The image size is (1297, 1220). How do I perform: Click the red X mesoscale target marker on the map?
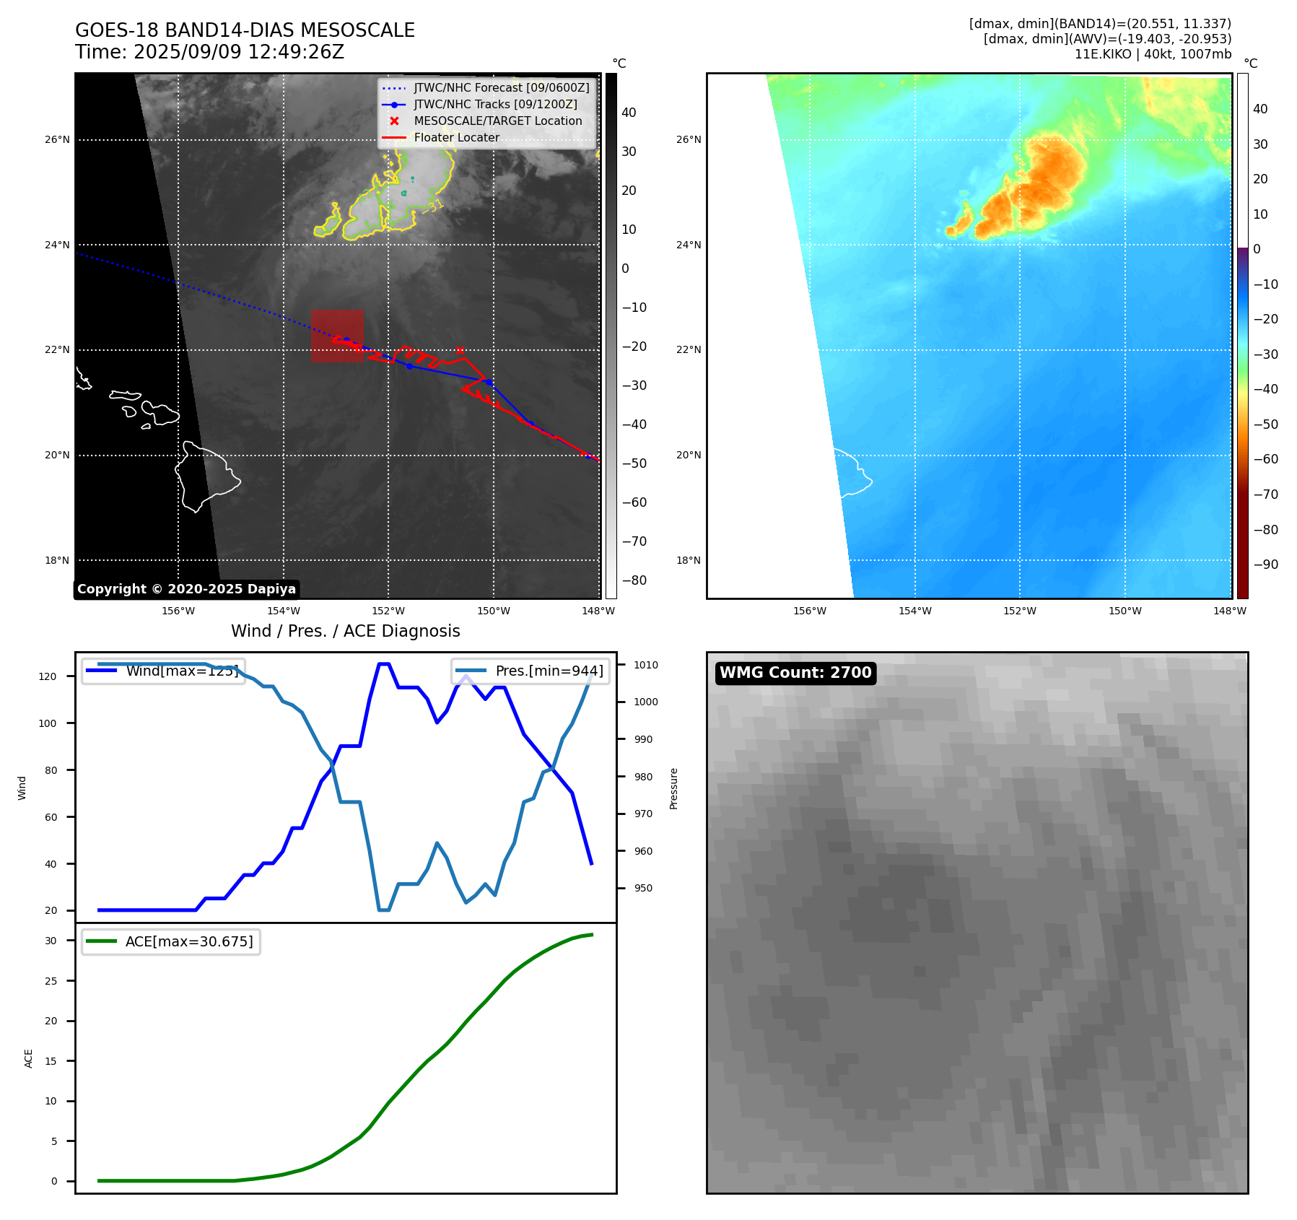coord(460,351)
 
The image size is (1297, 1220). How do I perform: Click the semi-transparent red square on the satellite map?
coord(337,336)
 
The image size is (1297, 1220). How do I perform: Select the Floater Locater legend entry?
coord(456,138)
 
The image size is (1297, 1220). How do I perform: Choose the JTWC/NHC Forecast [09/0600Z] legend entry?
coord(501,88)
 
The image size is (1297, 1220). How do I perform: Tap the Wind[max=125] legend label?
coord(181,671)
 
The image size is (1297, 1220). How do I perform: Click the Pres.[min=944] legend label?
coord(549,671)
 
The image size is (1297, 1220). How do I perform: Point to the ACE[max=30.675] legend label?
coord(189,941)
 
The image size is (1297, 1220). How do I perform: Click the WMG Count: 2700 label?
coord(795,673)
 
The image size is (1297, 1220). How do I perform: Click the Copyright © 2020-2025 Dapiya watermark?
coord(186,589)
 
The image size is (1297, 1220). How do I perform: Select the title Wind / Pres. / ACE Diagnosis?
coord(345,631)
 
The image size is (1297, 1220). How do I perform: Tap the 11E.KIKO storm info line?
coord(1153,54)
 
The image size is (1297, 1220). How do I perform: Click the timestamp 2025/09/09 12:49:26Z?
coord(238,53)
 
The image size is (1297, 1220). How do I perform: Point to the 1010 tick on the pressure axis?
coord(646,665)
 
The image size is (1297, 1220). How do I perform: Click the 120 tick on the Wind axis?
coord(48,676)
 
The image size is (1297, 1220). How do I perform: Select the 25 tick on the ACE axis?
coord(51,981)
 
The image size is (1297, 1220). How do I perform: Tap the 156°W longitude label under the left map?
coord(178,611)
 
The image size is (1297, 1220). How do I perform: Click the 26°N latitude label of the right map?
coord(689,140)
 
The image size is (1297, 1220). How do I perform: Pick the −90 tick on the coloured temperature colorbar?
coord(1265,565)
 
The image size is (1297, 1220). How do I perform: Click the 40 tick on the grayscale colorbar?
coord(629,113)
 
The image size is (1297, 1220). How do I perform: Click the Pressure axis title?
coord(673,788)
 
